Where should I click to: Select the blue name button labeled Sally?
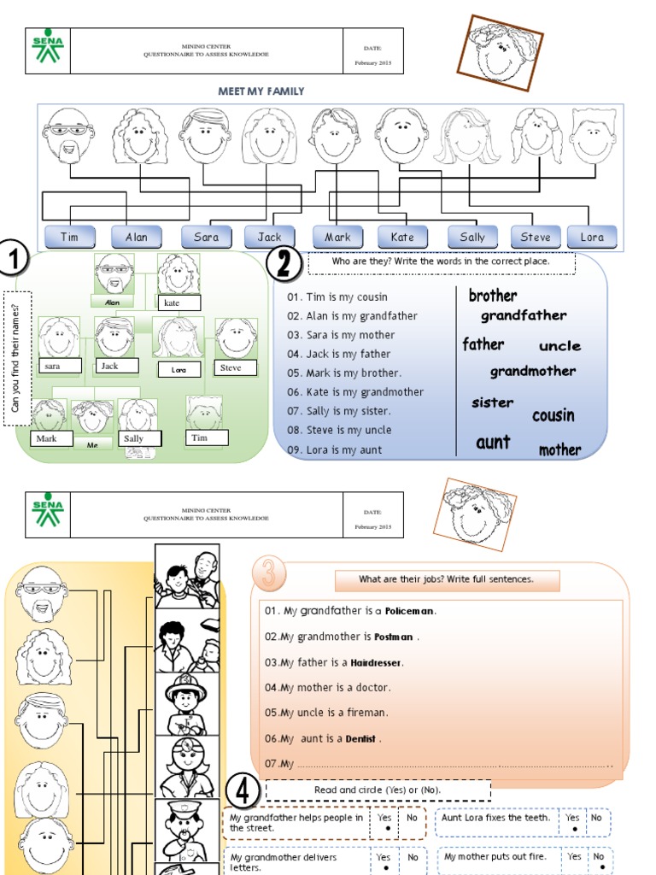472,237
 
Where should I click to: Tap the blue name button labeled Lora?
592,237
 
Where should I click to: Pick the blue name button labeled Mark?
337,237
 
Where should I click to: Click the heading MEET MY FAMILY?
262,91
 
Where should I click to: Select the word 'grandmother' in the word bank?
532,371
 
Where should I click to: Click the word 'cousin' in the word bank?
553,416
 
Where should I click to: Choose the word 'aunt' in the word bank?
493,443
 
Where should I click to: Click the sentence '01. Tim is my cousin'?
337,297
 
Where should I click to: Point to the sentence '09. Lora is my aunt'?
335,449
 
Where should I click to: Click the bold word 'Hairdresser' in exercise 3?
376,662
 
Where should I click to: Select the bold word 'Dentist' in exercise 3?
360,739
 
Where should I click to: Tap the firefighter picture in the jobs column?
186,703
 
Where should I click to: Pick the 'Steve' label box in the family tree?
236,367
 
